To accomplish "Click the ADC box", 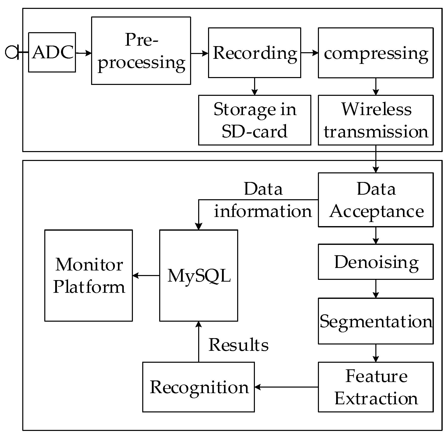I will (52, 52).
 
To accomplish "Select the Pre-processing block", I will (141, 51).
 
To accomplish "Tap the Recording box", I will (254, 53).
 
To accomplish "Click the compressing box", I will (376, 53).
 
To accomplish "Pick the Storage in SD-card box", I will (254, 120).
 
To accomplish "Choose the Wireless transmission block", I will (376, 120).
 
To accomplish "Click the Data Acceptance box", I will (376, 200).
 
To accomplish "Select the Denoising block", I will (376, 262).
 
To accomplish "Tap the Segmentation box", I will (376, 321).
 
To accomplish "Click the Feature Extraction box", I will (376, 387).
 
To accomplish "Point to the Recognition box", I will (198, 387).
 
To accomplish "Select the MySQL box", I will (198, 275).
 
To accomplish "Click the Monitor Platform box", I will (89, 275).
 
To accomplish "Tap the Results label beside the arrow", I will (238, 345).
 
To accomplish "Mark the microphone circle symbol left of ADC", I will (11, 52).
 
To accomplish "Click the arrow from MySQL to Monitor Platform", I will (146, 275).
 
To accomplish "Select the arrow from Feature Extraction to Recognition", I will (286, 387).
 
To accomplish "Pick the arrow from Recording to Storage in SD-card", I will (254, 86).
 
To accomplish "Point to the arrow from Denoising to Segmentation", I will (376, 289).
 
